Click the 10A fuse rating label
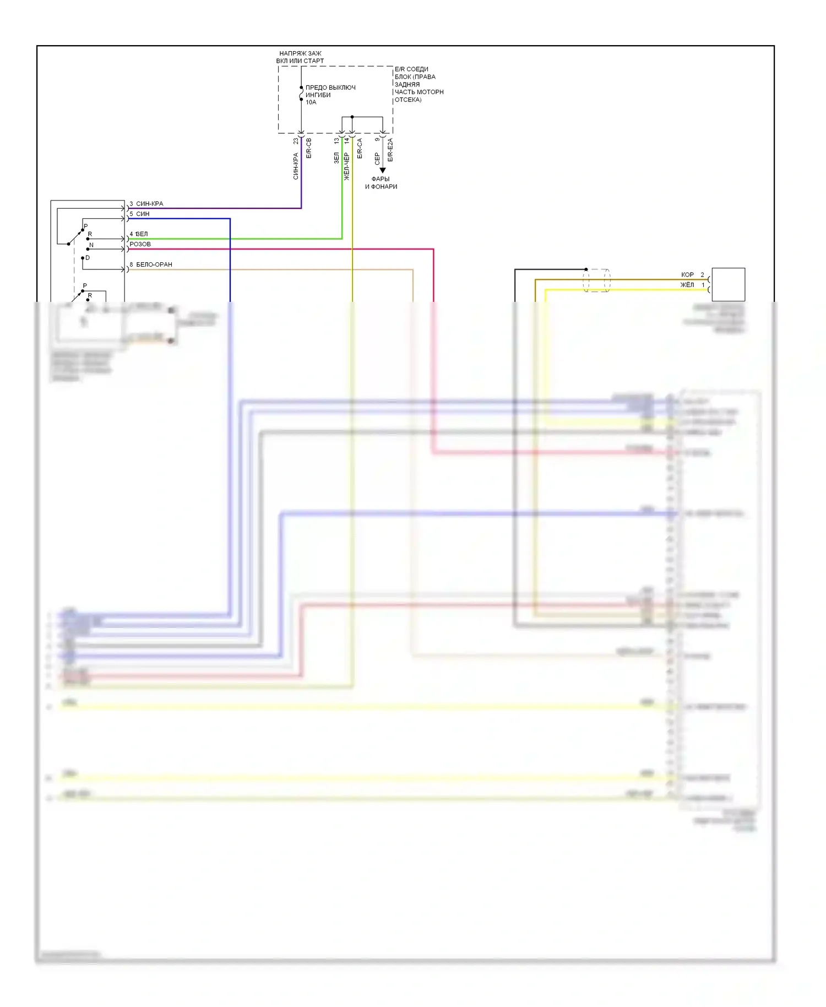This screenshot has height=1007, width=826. click(x=311, y=102)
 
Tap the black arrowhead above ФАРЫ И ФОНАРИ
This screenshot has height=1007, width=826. click(x=383, y=170)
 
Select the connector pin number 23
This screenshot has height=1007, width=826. click(x=296, y=141)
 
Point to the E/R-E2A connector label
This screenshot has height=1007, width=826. click(x=390, y=149)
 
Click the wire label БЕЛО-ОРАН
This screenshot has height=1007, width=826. click(x=154, y=264)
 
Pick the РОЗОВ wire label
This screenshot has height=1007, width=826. click(x=140, y=244)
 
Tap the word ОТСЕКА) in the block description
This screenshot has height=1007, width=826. click(x=408, y=100)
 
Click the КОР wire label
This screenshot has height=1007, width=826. click(x=687, y=274)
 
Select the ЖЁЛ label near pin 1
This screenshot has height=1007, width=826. click(x=687, y=285)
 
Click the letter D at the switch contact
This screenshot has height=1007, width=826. click(x=88, y=258)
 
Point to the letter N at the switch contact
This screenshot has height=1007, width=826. click(x=91, y=245)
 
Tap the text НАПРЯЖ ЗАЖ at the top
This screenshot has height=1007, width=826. click(x=300, y=53)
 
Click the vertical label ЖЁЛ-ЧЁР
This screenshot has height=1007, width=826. click(x=347, y=166)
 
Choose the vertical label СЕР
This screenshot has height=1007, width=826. click(x=377, y=159)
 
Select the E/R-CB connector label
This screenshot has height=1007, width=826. click(x=309, y=148)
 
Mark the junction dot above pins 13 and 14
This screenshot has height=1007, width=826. click(x=352, y=117)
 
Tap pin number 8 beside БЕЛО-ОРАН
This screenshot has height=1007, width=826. click(x=131, y=264)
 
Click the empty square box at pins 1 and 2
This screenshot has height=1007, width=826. click(x=728, y=284)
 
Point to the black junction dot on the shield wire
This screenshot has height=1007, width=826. click(x=586, y=269)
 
